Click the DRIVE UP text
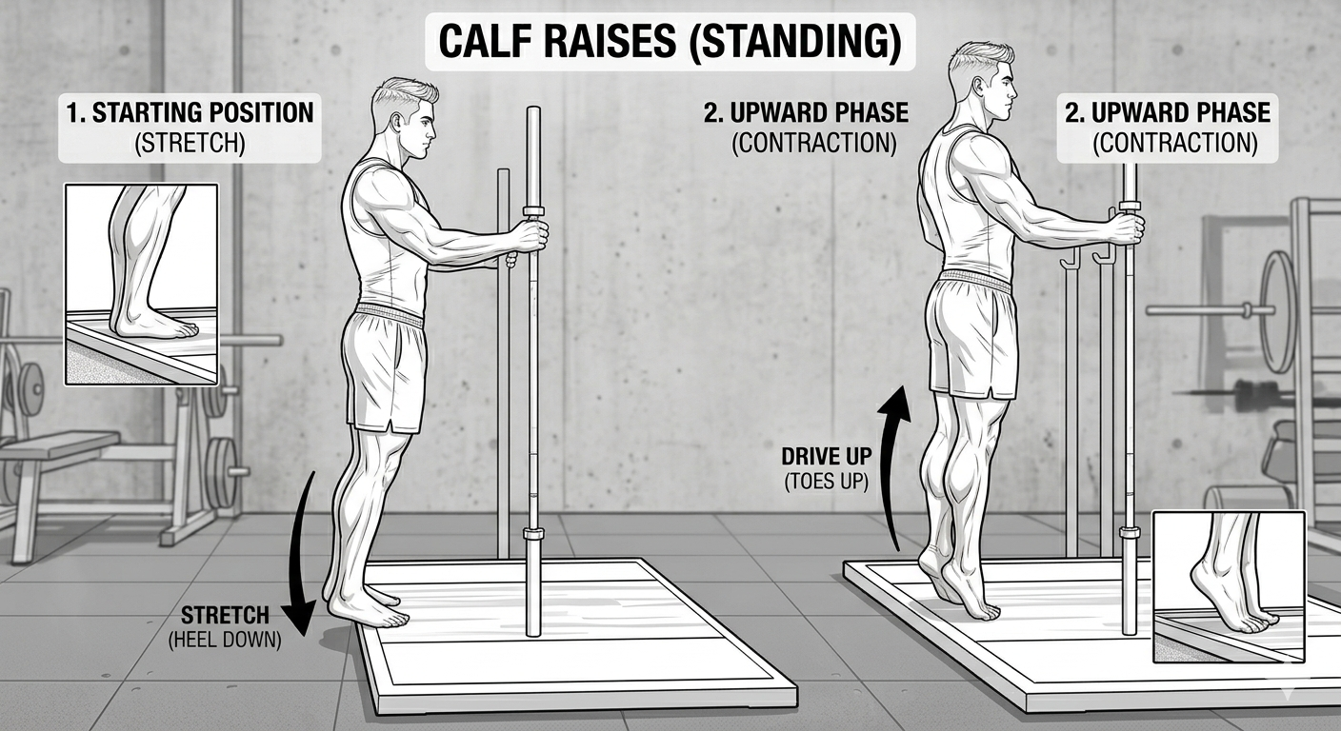tap(827, 457)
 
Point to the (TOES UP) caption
tap(826, 483)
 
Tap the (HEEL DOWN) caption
tap(225, 641)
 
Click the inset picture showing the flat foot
tap(141, 285)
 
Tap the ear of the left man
tap(396, 123)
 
